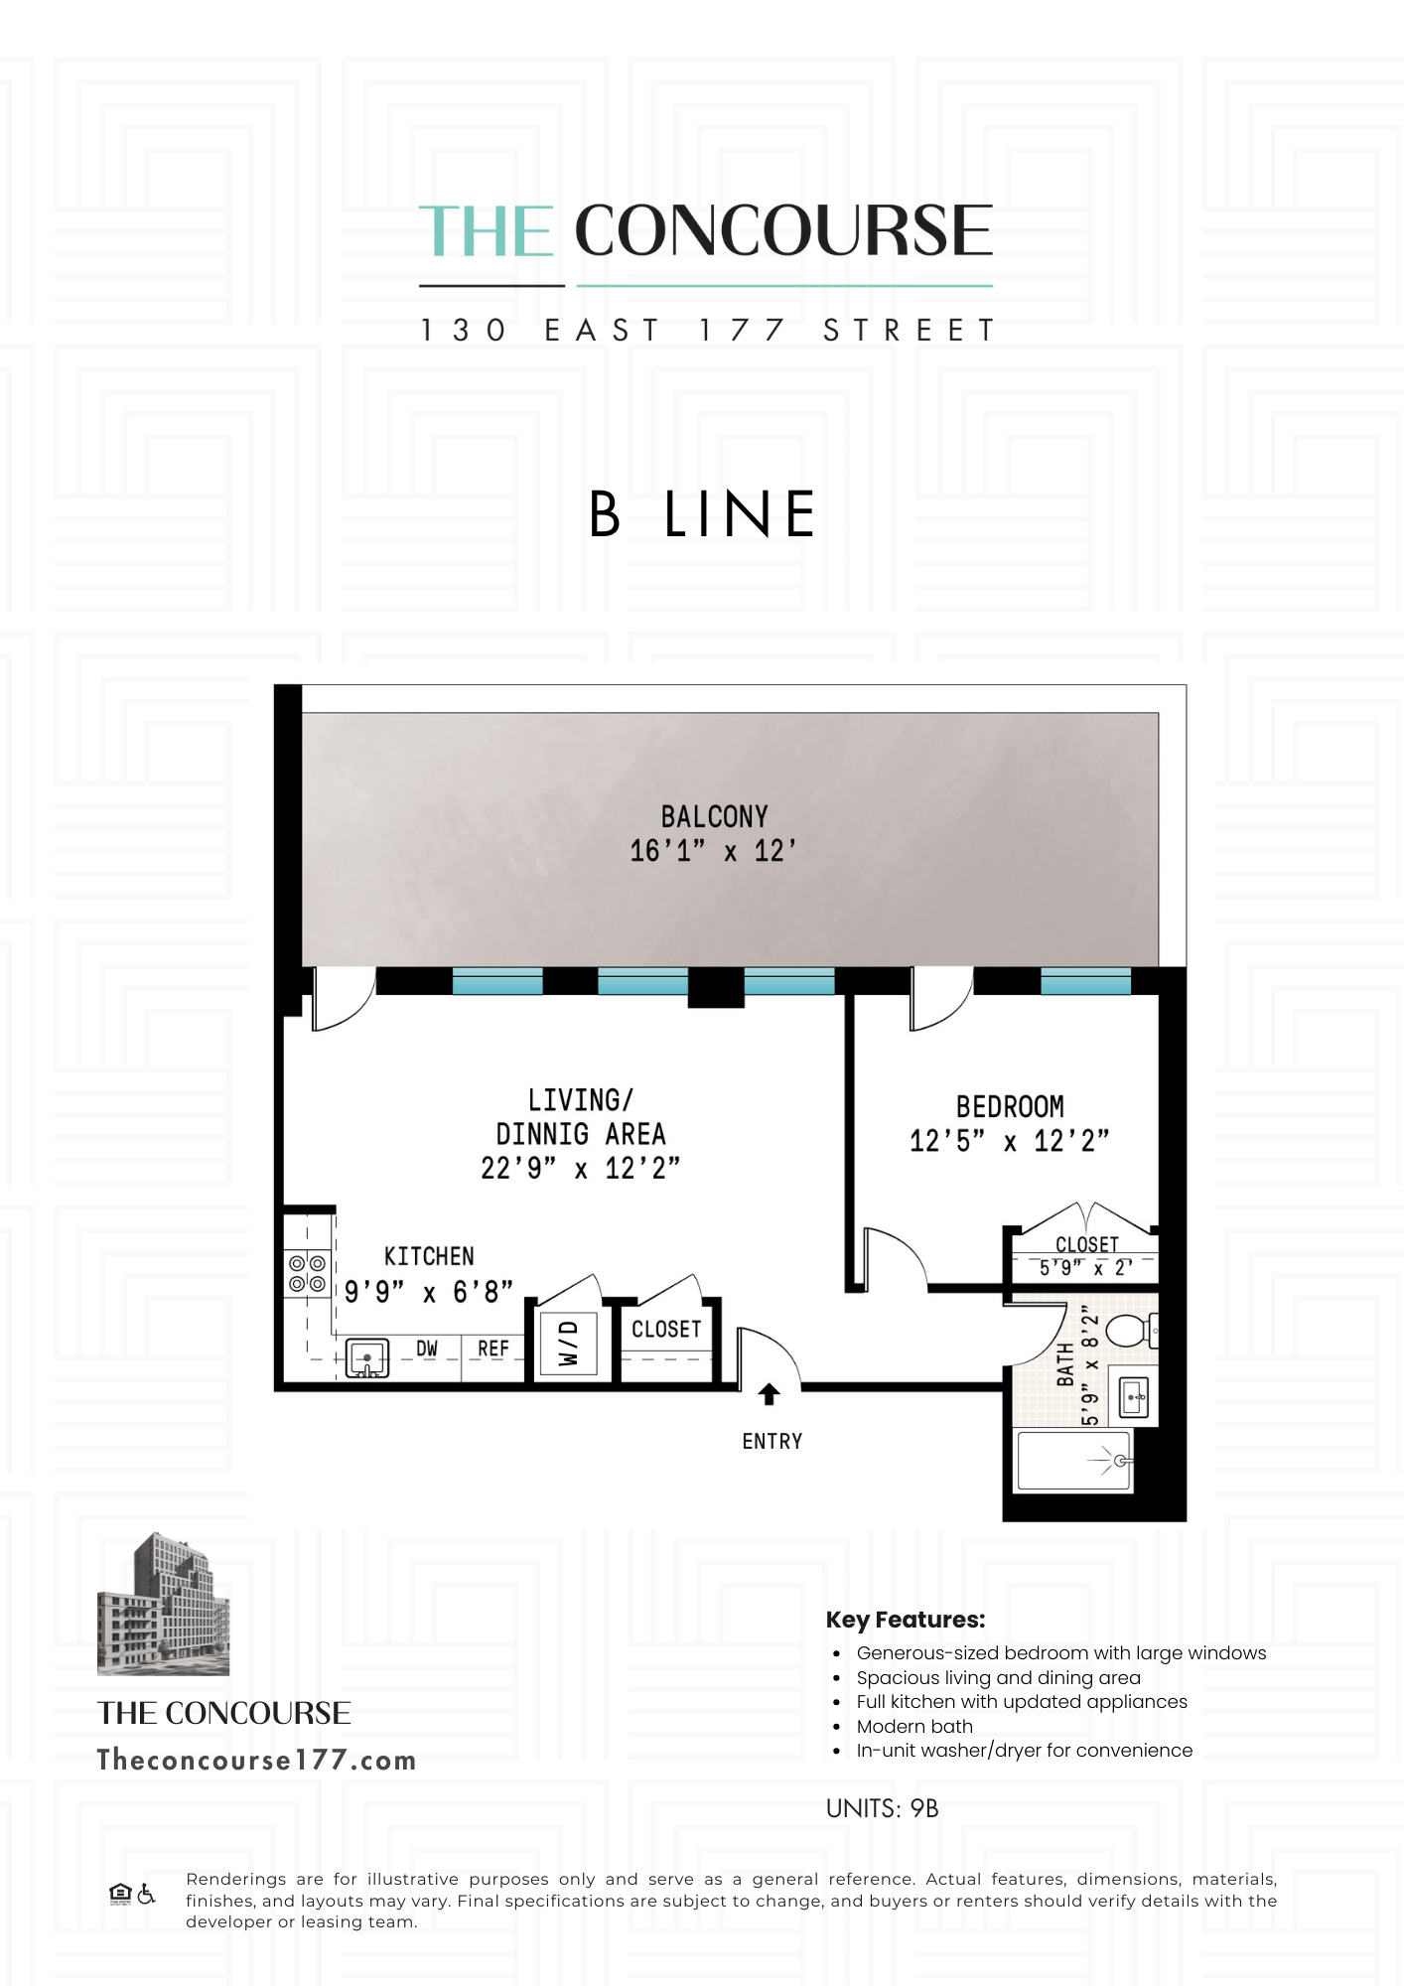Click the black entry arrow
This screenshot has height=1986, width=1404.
click(x=769, y=1394)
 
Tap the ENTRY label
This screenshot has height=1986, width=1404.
click(x=772, y=1441)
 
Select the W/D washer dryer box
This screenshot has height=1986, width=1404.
click(x=568, y=1343)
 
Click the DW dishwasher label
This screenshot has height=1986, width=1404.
click(x=427, y=1348)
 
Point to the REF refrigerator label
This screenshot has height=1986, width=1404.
click(x=492, y=1348)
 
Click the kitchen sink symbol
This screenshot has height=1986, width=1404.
click(x=366, y=1358)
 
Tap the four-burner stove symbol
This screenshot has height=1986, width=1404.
click(x=307, y=1273)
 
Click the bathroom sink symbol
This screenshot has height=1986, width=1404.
click(x=1133, y=1397)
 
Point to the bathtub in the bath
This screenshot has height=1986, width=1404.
click(x=1073, y=1461)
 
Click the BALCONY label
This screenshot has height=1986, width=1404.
click(x=714, y=816)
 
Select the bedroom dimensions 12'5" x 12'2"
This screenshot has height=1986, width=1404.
click(x=1009, y=1141)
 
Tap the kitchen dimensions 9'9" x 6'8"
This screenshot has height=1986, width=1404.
click(x=428, y=1292)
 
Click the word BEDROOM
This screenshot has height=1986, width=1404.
click(x=1010, y=1106)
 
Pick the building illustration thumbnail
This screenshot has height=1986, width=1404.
click(x=163, y=1604)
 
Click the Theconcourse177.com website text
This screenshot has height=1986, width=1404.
click(x=256, y=1761)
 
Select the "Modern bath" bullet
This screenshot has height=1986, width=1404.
click(x=914, y=1726)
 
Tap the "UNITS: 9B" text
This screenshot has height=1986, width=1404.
click(x=882, y=1808)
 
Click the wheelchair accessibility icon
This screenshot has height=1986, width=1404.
click(x=146, y=1895)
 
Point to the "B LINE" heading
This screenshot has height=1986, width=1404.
click(x=701, y=514)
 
